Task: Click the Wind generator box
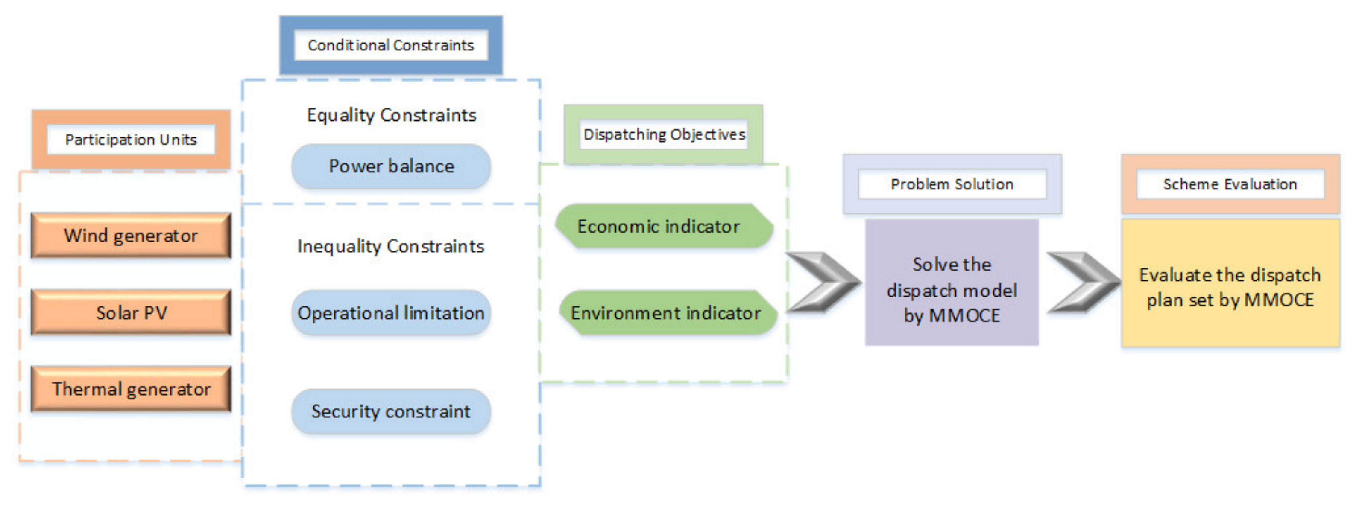(131, 235)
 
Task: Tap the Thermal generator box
(131, 389)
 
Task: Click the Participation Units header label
(131, 140)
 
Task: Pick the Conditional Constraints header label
(391, 45)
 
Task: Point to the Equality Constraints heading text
(391, 115)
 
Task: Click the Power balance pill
(391, 166)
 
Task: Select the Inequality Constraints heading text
(391, 246)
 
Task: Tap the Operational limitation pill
(391, 313)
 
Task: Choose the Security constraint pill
(391, 411)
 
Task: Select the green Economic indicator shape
(664, 226)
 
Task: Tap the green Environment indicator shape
(667, 313)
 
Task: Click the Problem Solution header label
(952, 184)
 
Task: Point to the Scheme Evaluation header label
(1230, 184)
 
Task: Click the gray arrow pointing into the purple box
(822, 282)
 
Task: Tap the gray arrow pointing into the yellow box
(1083, 282)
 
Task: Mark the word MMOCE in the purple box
(964, 316)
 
